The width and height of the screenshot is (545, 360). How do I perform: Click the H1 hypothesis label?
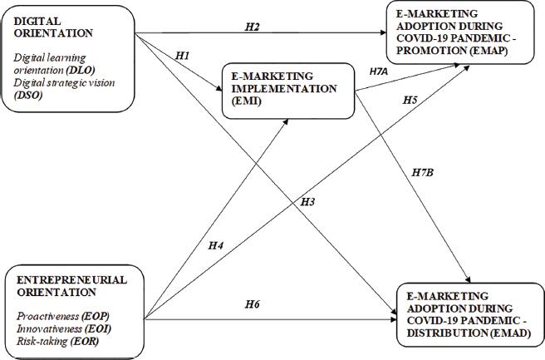pos(184,56)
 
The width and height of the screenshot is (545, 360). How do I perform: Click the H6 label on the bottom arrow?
pos(252,305)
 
